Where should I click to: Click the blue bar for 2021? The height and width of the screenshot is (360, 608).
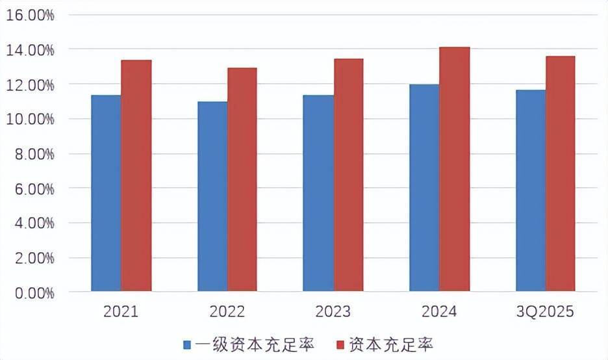pos(106,193)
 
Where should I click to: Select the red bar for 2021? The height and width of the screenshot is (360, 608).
pos(136,175)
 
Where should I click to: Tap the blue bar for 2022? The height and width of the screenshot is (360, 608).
pos(212,196)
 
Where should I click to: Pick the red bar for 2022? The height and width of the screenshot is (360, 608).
pos(242,179)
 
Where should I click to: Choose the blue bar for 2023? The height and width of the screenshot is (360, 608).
pos(318,193)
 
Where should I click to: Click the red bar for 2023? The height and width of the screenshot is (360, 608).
pos(349,175)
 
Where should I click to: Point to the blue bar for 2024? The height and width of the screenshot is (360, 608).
pos(424,188)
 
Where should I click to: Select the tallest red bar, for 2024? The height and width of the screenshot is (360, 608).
pos(455,169)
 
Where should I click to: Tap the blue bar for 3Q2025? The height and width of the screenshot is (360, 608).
pos(531,190)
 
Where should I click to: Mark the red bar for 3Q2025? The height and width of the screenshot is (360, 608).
pos(561,174)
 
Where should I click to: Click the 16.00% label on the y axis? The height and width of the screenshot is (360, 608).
pos(30,16)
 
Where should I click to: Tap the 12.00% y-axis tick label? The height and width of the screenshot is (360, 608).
pos(30,85)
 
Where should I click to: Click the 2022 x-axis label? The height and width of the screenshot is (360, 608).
pos(227,313)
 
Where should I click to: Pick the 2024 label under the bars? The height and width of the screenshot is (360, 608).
pos(439,313)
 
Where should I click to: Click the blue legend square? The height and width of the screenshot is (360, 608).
pos(186,344)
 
